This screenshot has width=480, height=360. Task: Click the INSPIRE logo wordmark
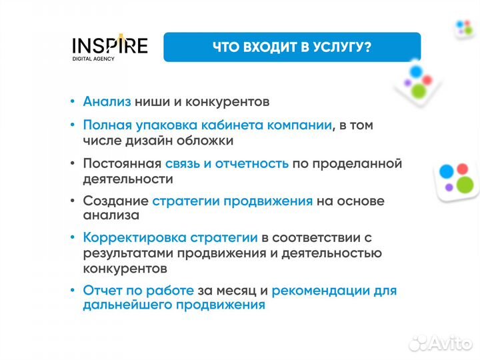[110, 46]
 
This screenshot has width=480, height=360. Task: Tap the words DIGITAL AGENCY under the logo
[93, 59]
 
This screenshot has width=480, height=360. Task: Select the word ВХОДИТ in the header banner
[266, 47]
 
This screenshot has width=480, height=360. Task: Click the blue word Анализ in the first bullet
[107, 102]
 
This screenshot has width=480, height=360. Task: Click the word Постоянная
[122, 163]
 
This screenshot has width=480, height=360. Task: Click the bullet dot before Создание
[73, 201]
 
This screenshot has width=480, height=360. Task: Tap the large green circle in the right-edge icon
[465, 184]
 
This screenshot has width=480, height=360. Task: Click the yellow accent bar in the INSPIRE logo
[121, 39]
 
